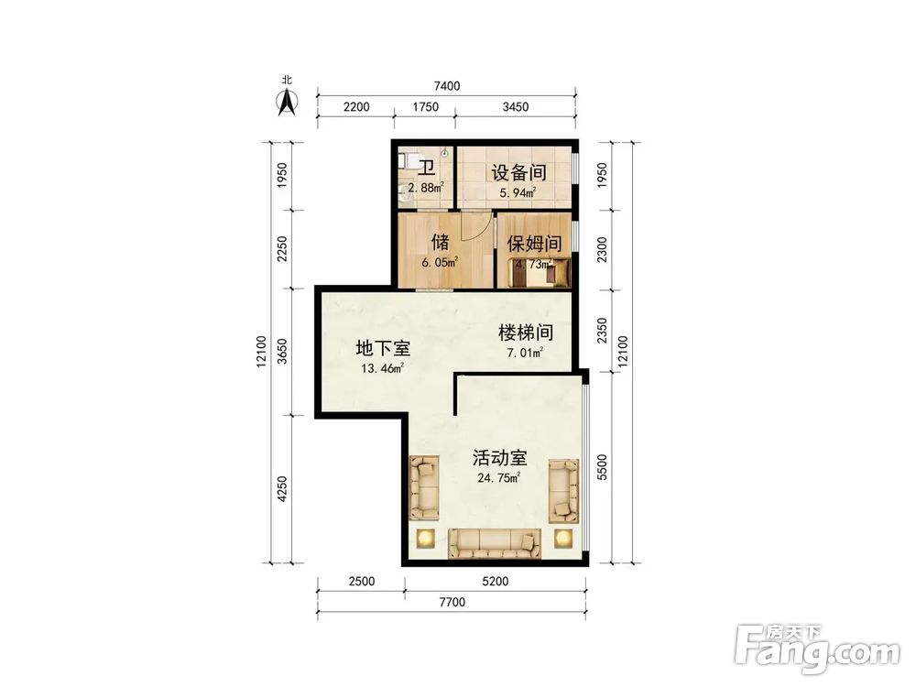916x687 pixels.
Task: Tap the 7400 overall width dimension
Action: click(x=446, y=86)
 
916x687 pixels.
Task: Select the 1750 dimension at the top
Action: click(x=426, y=107)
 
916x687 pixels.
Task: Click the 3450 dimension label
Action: click(x=516, y=107)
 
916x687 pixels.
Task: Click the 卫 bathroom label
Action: click(x=426, y=168)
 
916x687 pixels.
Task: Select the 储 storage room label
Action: click(x=440, y=242)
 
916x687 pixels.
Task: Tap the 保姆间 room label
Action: click(x=534, y=244)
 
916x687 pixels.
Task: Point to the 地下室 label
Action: click(x=382, y=348)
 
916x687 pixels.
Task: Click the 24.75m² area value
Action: click(x=499, y=478)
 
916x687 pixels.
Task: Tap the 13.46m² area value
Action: click(x=382, y=369)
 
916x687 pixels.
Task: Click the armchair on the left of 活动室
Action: click(x=424, y=487)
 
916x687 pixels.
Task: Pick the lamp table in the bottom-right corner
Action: click(x=563, y=538)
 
